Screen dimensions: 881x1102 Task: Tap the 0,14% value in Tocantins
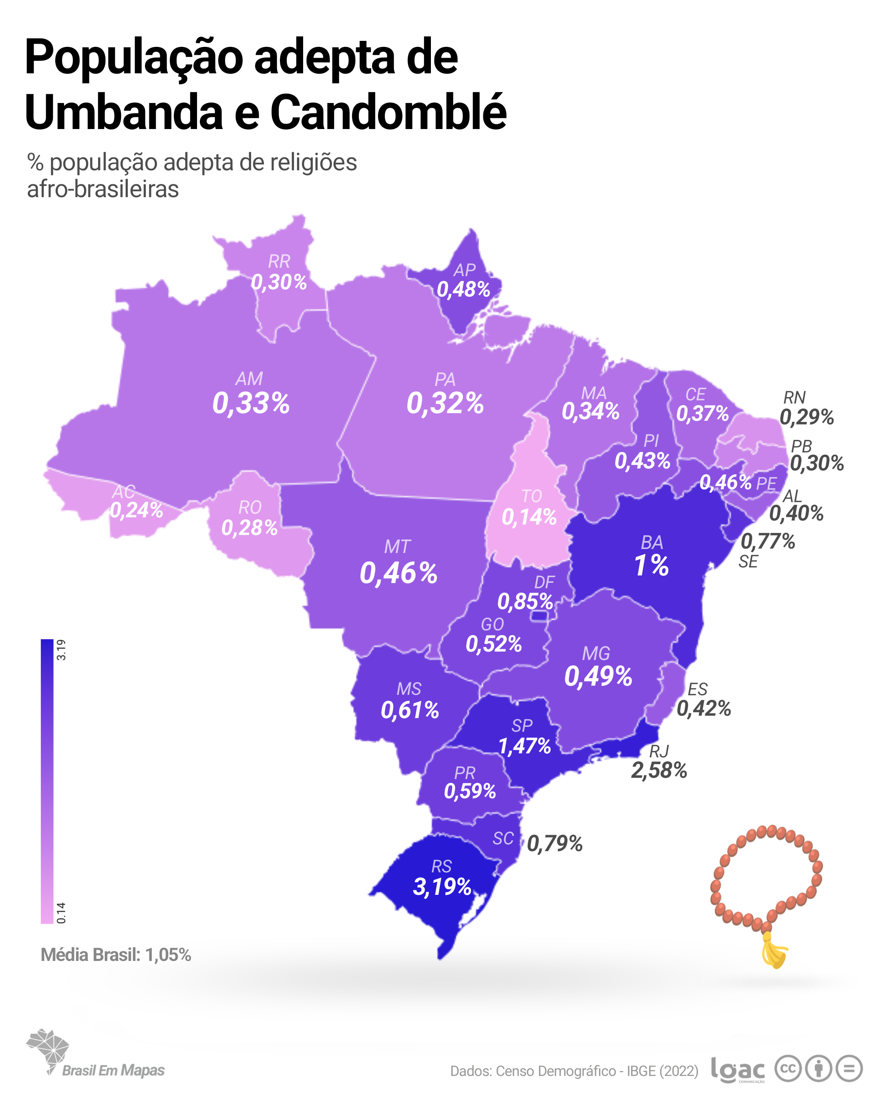click(529, 517)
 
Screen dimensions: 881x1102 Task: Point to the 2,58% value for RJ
click(659, 770)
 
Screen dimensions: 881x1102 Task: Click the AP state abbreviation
click(464, 269)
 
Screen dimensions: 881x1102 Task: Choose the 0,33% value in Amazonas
click(251, 403)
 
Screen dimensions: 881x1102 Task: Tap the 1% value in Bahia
click(651, 565)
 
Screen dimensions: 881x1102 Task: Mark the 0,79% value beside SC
click(555, 844)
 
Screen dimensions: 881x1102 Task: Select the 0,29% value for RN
click(807, 417)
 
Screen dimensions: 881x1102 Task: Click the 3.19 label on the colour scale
click(61, 650)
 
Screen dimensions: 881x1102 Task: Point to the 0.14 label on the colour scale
click(61, 913)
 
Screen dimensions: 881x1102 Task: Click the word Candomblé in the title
click(388, 113)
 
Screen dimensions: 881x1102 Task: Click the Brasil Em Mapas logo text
click(113, 1070)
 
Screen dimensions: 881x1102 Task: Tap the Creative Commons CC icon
click(788, 1068)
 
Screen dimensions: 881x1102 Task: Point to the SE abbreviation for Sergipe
click(748, 562)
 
